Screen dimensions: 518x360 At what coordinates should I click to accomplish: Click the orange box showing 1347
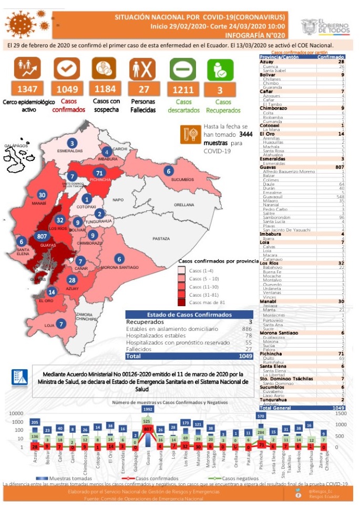point(24,89)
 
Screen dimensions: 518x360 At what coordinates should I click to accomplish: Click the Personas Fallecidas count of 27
point(142,89)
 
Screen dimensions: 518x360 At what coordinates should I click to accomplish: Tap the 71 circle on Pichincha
point(98,173)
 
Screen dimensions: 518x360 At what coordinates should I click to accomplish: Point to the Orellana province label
point(184,205)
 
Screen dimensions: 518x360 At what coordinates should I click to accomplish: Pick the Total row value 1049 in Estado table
point(243,356)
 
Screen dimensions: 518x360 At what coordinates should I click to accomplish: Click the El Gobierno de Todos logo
point(325,26)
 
